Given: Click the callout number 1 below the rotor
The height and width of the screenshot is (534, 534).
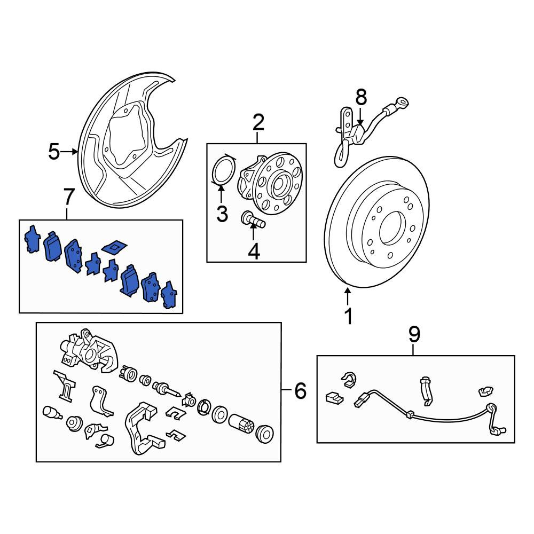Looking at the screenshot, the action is (x=348, y=317).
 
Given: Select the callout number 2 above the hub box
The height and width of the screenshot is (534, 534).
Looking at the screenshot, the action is (x=258, y=123).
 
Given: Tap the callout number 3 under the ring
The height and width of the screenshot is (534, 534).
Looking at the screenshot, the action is (x=222, y=214).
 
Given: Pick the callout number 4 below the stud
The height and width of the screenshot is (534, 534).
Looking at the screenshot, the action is (x=254, y=252).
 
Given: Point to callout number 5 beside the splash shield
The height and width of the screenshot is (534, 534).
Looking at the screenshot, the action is (x=54, y=152).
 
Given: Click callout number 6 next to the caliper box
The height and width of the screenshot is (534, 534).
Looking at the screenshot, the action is (x=300, y=390).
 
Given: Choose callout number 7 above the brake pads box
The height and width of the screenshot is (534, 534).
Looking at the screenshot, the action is (x=68, y=197).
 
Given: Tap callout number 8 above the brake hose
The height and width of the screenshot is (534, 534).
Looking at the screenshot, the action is (x=362, y=97).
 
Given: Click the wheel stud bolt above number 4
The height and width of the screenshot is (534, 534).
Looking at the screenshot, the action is (x=253, y=219).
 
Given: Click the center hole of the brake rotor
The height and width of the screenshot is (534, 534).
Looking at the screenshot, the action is (x=392, y=228).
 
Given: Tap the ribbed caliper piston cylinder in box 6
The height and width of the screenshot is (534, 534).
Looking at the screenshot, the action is (x=242, y=423).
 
